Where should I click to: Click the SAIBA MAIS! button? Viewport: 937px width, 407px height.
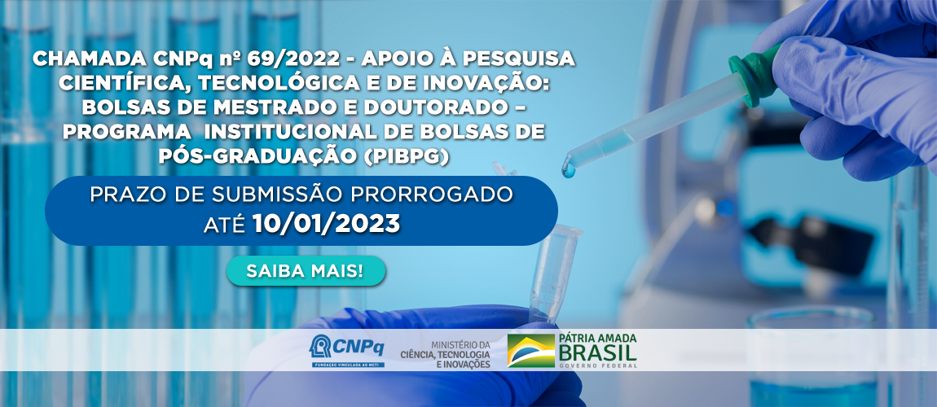(306, 271)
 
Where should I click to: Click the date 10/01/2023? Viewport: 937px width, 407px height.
(326, 224)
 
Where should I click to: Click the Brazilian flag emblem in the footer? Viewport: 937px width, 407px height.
(530, 351)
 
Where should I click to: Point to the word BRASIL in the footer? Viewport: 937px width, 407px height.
(597, 352)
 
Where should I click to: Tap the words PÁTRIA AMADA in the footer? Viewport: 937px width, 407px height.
(597, 338)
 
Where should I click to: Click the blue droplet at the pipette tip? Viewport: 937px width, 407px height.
(568, 169)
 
